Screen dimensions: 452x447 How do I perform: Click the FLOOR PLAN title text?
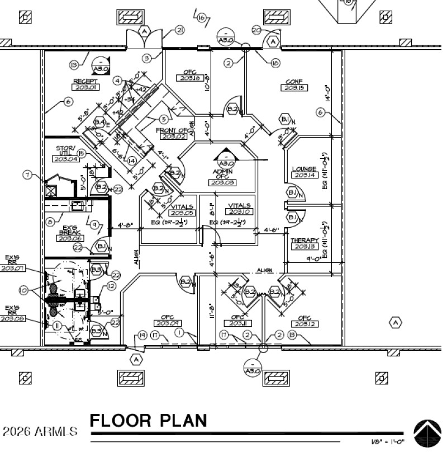pos(149,421)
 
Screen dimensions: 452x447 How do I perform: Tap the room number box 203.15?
pos(294,88)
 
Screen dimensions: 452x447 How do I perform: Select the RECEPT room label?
pos(85,81)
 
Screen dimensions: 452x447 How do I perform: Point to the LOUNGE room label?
pos(305,169)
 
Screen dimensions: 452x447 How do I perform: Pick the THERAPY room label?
pos(304,241)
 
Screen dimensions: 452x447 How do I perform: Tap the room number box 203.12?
pos(304,324)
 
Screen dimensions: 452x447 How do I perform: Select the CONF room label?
pos(294,81)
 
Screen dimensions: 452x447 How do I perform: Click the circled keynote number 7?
pos(27,175)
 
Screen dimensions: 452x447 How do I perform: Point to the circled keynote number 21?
pos(179,31)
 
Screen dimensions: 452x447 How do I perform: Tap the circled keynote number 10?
pos(23,290)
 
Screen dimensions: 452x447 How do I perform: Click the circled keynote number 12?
pos(111,286)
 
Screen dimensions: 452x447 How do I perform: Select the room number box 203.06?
pos(70,238)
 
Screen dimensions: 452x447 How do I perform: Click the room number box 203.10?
pos(239,211)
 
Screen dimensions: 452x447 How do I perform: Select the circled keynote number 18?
pos(275,64)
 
